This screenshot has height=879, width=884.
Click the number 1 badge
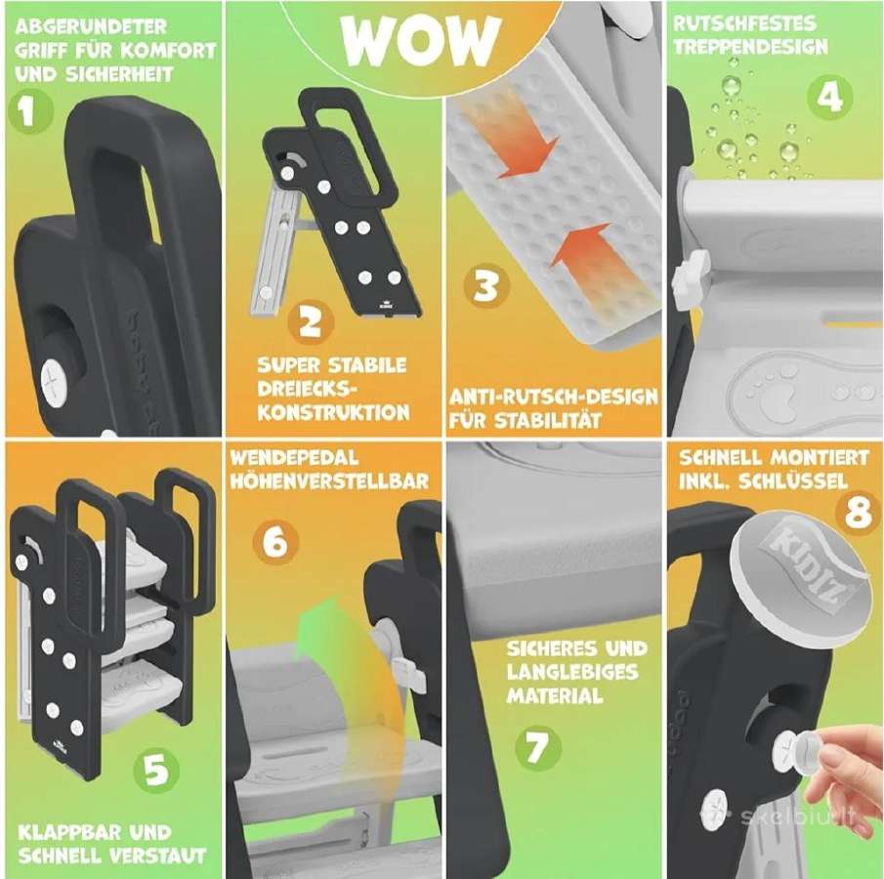click(30, 111)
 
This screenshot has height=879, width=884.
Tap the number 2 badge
click(310, 322)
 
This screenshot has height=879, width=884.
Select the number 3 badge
click(486, 286)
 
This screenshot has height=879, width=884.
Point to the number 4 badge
click(828, 97)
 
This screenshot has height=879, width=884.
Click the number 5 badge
click(156, 771)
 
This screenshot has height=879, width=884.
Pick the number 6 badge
click(275, 541)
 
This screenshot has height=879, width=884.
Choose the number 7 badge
click(538, 747)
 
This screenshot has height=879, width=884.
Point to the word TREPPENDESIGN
click(750, 47)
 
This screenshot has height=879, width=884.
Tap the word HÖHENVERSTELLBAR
click(329, 481)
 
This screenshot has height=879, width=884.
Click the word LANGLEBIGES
click(572, 672)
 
